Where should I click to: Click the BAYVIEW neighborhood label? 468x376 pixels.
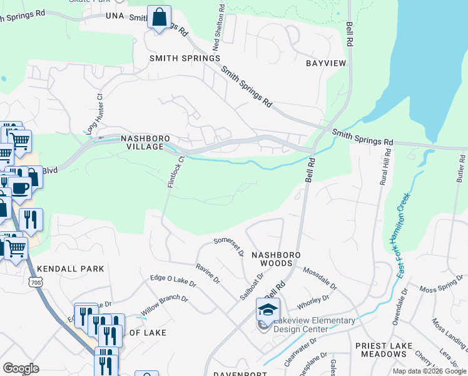pyautogui.click(x=325, y=64)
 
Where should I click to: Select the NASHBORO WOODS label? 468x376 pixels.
pyautogui.click(x=276, y=259)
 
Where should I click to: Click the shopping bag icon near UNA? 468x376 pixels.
pyautogui.click(x=159, y=17)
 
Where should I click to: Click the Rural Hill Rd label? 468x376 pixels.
pyautogui.click(x=385, y=167)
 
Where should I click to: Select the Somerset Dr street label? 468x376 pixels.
pyautogui.click(x=229, y=246)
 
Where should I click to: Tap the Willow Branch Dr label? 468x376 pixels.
pyautogui.click(x=164, y=305)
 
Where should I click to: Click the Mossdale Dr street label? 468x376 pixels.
pyautogui.click(x=320, y=279)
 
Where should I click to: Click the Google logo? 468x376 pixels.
pyautogui.click(x=21, y=368)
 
